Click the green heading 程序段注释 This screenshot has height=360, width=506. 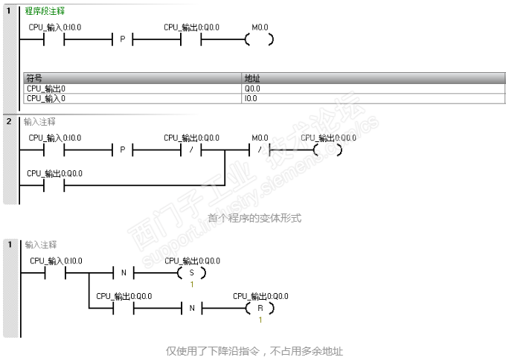point(45,11)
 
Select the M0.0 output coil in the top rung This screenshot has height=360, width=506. point(259,39)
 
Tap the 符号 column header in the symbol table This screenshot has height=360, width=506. point(34,78)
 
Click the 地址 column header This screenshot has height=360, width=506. point(252,78)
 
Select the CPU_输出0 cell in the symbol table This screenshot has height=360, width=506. point(46,89)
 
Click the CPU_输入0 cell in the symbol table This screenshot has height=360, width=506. point(46,97)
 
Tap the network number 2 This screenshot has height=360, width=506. point(9,120)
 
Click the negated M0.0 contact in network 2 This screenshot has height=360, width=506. point(259,150)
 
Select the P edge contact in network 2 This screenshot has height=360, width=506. point(123,150)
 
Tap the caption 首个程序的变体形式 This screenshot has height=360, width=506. point(254,218)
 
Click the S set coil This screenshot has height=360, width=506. point(191,272)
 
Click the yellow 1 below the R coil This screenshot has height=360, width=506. point(260,320)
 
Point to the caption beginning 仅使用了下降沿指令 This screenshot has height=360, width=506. point(254,350)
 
